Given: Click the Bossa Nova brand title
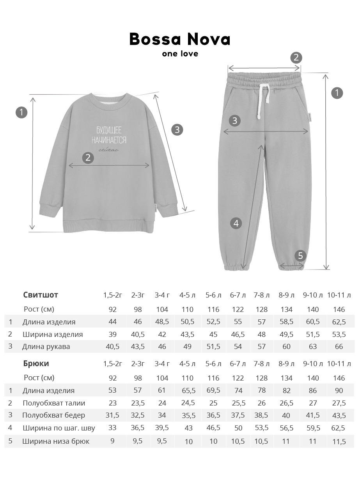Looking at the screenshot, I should click(x=180, y=39).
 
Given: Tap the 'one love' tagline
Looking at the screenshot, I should click(x=180, y=54).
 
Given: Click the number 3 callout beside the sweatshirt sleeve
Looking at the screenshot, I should click(x=177, y=129).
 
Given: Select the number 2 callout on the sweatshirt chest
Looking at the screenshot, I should click(x=88, y=158).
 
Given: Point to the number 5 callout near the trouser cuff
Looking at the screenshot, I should click(x=300, y=256).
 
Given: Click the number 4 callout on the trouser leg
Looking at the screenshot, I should click(x=236, y=223).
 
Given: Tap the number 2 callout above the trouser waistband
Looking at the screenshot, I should click(x=296, y=58).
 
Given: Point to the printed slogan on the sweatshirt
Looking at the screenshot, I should click(x=109, y=135).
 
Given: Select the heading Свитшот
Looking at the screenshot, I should click(x=41, y=295).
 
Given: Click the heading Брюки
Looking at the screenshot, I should click(x=36, y=364).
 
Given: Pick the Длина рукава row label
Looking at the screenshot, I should click(x=46, y=347).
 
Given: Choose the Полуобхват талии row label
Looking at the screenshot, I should click(x=54, y=403).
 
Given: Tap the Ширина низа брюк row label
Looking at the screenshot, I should click(x=56, y=441).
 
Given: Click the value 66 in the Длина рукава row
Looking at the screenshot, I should click(x=339, y=347).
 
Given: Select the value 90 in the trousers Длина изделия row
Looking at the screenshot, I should click(x=339, y=391).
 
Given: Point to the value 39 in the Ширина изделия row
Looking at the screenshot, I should click(x=112, y=335).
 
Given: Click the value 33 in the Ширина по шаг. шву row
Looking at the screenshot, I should click(x=112, y=428).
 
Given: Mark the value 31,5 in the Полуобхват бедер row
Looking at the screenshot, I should click(x=112, y=415).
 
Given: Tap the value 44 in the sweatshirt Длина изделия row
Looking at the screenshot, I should click(x=112, y=322).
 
